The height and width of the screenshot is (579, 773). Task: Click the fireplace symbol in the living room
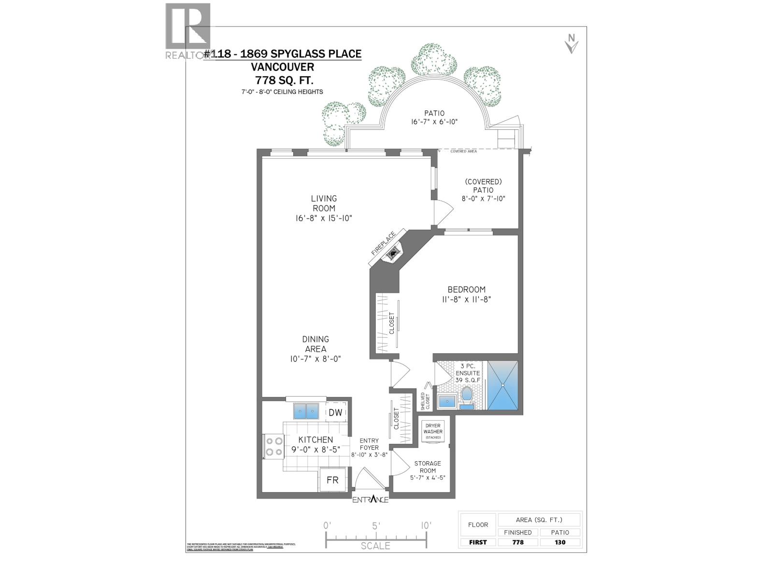[394, 253]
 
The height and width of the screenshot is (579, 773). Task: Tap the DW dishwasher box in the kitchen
[335, 413]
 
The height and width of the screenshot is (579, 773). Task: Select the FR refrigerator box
[332, 480]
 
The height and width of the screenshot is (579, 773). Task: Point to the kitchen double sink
[306, 411]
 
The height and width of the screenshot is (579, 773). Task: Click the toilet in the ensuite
[466, 396]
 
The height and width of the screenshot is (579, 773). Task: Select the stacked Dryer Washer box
[433, 431]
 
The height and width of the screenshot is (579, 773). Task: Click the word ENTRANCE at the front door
[370, 499]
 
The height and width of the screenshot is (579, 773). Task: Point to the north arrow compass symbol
[572, 44]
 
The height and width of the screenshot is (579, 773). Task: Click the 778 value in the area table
[517, 542]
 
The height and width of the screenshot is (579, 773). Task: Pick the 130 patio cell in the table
[560, 542]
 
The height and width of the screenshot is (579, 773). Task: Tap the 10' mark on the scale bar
[426, 525]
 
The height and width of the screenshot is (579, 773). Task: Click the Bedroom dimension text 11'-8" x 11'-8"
[466, 299]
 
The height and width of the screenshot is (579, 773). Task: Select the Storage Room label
[428, 467]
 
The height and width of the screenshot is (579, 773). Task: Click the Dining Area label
[315, 344]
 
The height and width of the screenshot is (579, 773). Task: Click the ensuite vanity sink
[447, 400]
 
